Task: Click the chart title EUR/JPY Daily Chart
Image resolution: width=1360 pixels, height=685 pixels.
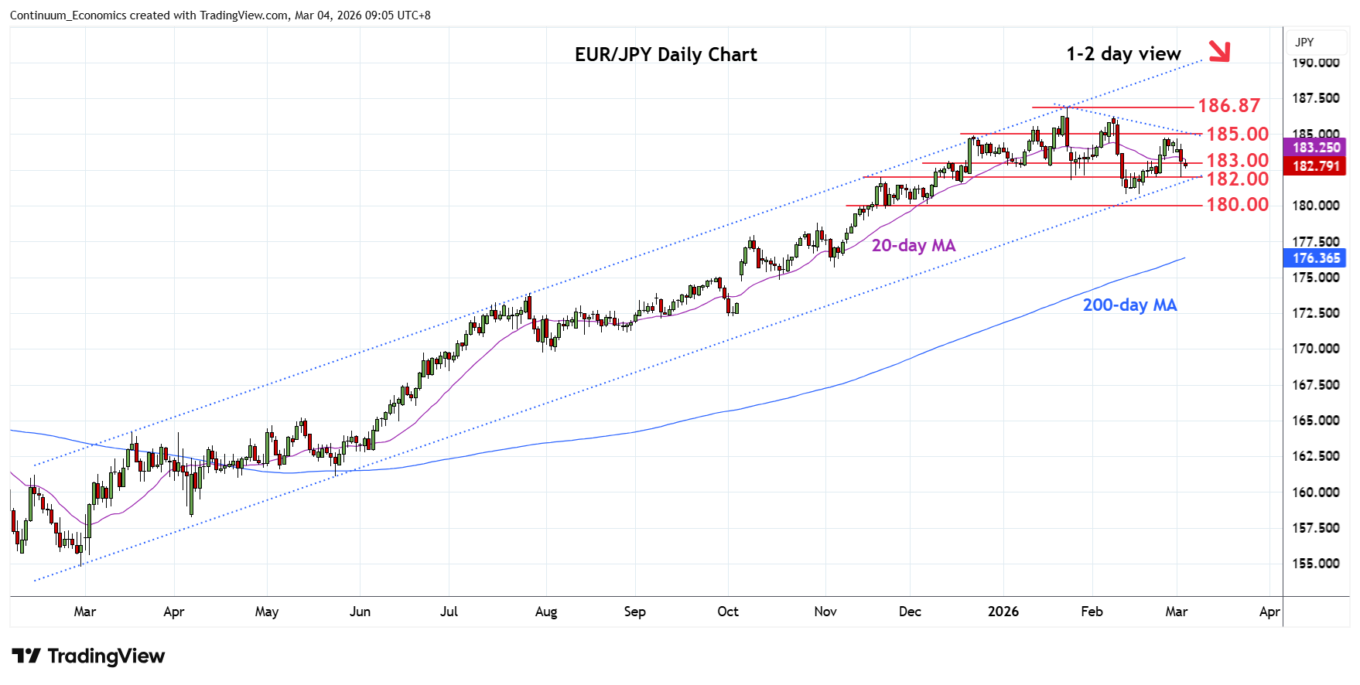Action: (x=665, y=55)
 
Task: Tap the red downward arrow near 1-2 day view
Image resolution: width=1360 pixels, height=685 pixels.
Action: (x=1218, y=51)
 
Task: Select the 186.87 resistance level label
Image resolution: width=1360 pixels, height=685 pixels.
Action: (x=1228, y=105)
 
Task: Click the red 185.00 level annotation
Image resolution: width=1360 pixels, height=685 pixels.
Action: (x=1237, y=134)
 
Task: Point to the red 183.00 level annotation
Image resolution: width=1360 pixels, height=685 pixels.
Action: (x=1237, y=160)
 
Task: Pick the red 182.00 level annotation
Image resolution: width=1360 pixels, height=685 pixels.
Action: (x=1237, y=179)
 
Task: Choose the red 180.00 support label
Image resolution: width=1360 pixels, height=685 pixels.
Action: (x=1237, y=204)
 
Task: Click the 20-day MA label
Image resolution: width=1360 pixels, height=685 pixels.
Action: (x=913, y=245)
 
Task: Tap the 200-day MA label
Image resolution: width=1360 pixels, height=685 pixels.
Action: (x=1129, y=305)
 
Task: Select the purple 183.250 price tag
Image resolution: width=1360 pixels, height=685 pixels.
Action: (x=1315, y=147)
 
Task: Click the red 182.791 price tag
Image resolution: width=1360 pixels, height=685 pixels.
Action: (x=1315, y=165)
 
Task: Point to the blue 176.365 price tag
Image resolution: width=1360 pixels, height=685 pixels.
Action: (x=1315, y=258)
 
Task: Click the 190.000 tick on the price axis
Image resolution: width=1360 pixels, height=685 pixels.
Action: (x=1315, y=63)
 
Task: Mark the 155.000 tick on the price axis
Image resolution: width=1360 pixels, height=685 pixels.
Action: (x=1315, y=564)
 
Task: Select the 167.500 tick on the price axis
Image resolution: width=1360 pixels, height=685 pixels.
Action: (x=1315, y=385)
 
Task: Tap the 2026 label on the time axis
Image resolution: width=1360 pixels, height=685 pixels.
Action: (x=1003, y=612)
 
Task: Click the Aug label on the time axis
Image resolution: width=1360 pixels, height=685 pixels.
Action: (x=545, y=612)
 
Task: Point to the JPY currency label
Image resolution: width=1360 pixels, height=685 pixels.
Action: (x=1304, y=43)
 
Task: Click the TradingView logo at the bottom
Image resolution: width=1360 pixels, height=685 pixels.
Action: (x=88, y=656)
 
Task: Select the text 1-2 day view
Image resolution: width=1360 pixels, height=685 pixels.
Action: (x=1123, y=54)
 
